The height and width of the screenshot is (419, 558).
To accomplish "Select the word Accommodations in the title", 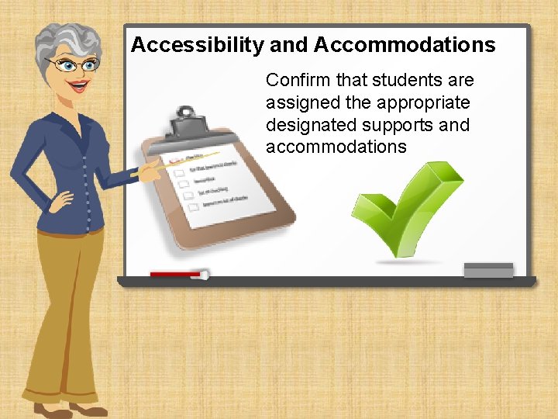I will tap(405, 45).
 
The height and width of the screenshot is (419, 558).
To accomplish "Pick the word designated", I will tap(303, 125).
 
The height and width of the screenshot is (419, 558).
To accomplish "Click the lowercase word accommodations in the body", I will tap(336, 147).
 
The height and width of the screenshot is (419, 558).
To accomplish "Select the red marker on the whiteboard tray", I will tap(177, 274).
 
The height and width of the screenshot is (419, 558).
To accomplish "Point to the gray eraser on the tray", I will tap(488, 270).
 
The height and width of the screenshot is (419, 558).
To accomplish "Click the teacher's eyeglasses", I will tap(73, 64).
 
